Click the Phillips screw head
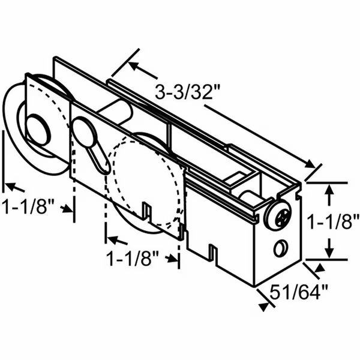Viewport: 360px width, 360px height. pos(279,217)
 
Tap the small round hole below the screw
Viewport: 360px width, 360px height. pos(281,246)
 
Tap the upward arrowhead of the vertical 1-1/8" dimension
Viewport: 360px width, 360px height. pos(329,190)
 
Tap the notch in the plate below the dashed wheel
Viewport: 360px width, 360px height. pos(146,211)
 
